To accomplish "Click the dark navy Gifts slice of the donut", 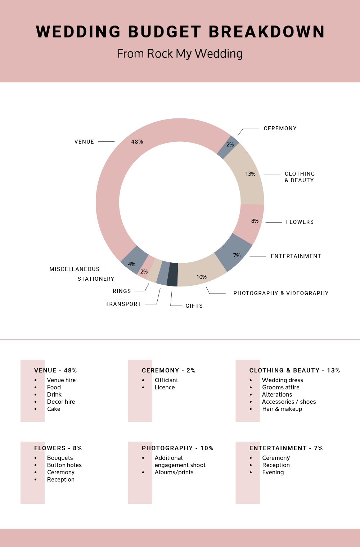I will tap(172, 275).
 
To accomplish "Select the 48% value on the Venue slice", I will tap(137, 142).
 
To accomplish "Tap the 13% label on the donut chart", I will tap(250, 174).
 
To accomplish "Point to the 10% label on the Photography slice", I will tap(201, 277).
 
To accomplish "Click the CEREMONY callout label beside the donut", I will tap(280, 128).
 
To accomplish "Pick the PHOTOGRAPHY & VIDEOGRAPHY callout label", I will tap(281, 293).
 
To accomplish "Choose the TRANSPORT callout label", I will tap(123, 304).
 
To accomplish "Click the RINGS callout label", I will tap(122, 291).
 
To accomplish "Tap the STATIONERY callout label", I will tap(96, 279).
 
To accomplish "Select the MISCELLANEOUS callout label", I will tap(75, 269).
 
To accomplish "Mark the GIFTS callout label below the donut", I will tap(194, 306).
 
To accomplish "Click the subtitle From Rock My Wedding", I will tap(180, 54).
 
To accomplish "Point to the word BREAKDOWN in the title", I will tap(266, 32).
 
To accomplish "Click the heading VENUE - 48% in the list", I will tap(55, 371).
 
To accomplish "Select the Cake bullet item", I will tap(54, 409).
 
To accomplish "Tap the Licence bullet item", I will tap(165, 388).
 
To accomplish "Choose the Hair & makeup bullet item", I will tap(282, 409).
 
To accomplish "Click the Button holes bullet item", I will tap(64, 465).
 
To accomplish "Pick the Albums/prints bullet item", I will tap(174, 473).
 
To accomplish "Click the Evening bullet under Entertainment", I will tap(273, 473).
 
